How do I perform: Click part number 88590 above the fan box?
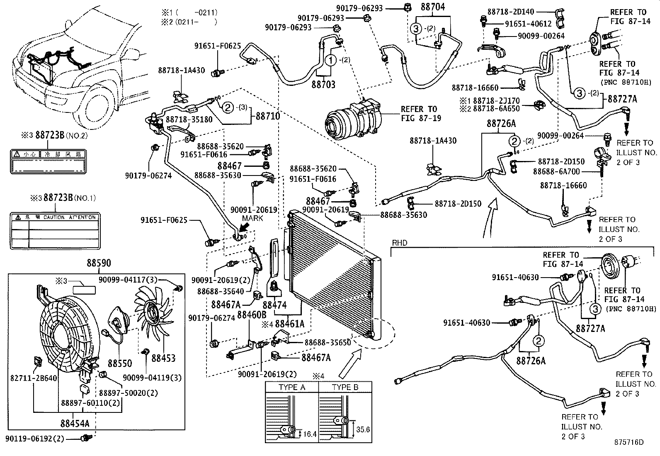point(98,264)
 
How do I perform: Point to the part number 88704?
point(433,7)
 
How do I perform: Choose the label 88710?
point(268,117)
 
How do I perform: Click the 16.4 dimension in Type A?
point(310,434)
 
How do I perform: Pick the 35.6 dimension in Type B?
point(363,429)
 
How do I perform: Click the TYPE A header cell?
point(292,387)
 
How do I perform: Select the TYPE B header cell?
point(345,387)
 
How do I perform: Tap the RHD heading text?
point(399,243)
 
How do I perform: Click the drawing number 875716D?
point(629,442)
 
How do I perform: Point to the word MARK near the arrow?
point(253,218)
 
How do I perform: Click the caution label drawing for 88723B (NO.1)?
point(53,231)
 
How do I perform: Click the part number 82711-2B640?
point(34,378)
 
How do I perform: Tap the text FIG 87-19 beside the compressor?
point(421,118)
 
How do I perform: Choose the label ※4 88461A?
point(289,324)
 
